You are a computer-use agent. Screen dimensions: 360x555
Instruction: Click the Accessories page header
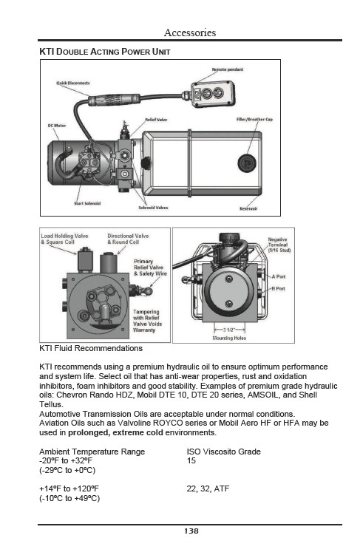[190, 33]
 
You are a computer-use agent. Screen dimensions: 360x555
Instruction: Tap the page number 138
[191, 531]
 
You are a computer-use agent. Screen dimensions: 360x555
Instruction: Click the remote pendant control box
[213, 94]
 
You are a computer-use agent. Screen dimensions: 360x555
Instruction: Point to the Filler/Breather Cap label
[254, 119]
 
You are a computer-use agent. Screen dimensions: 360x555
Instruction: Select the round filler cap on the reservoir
[247, 163]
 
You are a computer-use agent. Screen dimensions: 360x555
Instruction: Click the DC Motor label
[57, 126]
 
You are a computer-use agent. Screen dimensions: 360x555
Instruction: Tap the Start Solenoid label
[87, 203]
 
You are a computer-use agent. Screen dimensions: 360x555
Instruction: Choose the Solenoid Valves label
[153, 208]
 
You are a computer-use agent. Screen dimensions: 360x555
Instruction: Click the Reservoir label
[248, 208]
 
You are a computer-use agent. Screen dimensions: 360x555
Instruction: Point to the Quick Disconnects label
[73, 83]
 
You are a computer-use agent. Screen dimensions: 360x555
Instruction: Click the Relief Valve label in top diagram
[156, 120]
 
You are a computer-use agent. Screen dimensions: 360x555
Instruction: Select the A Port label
[279, 276]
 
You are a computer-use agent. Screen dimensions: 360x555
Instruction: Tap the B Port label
[279, 288]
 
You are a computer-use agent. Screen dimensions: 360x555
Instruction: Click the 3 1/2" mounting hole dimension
[228, 330]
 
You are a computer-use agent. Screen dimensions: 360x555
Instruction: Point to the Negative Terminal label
[279, 245]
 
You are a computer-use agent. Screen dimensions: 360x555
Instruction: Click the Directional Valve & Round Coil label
[128, 239]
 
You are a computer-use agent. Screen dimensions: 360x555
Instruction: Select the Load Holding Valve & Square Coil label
[64, 239]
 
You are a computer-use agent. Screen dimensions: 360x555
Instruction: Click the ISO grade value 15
[191, 460]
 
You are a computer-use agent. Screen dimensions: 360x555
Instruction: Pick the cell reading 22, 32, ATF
[208, 488]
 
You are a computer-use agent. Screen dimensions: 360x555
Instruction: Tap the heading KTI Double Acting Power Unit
[105, 52]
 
